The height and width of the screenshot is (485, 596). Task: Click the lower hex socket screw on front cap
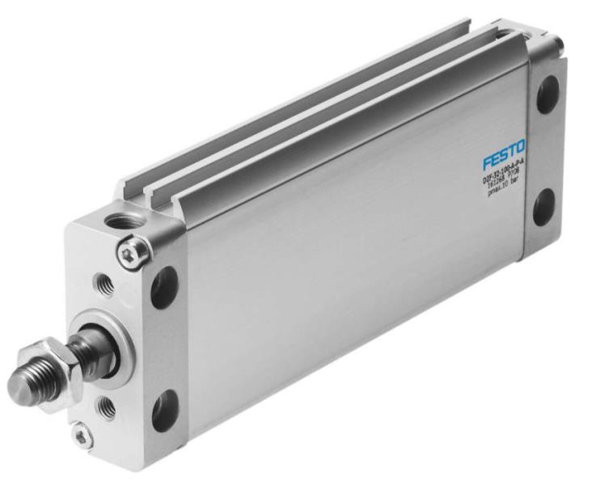[80, 437]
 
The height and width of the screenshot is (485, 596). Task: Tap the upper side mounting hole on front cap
[164, 287]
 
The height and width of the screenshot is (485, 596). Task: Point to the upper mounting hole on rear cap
[547, 95]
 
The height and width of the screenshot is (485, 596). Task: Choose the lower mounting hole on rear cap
[543, 207]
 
